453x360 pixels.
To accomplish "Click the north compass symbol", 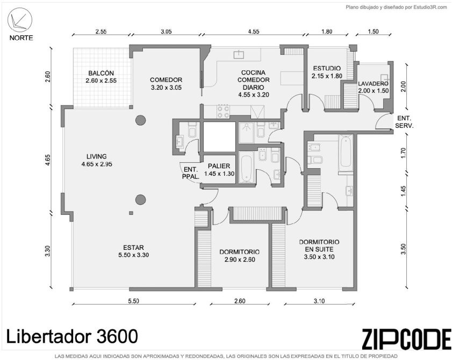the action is pos(20,20).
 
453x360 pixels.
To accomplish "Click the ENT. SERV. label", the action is pos(405,122).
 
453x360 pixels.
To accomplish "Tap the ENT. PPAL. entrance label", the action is pos(191,173).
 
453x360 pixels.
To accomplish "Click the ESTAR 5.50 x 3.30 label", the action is pos(133,251).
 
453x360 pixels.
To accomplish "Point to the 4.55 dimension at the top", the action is pos(253,32).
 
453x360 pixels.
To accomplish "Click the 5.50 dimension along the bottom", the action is pos(133,301).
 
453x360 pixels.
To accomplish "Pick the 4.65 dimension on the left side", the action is pos(48,160).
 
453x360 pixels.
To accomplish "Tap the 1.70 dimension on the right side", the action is pos(404,153).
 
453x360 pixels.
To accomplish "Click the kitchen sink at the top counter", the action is pos(239,54).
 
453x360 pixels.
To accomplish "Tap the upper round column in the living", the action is pos(140,120).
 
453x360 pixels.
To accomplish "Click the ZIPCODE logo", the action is pos(407,339).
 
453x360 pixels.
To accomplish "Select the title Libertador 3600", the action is pos(72,336).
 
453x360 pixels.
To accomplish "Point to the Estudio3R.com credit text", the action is pos(397,8).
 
